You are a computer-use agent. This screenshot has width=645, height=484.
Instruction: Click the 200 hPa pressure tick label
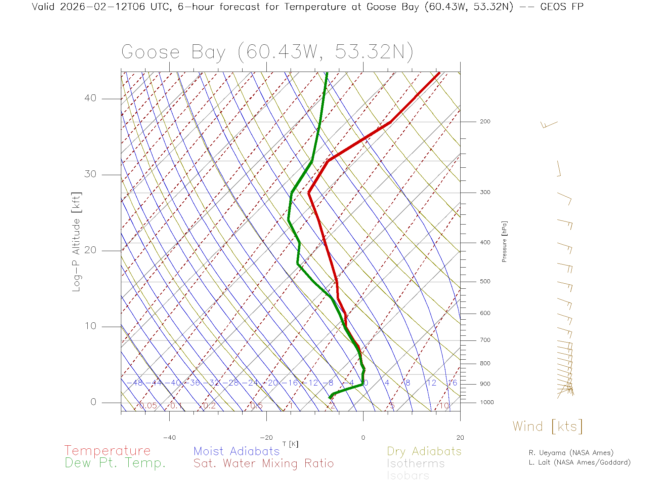click(485, 122)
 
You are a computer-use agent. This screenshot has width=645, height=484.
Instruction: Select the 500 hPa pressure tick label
click(485, 282)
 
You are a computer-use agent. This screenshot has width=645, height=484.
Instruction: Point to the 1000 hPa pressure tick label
click(487, 402)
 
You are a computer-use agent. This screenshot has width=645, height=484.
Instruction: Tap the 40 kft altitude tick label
click(90, 98)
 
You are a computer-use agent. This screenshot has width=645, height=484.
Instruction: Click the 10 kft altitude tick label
click(90, 326)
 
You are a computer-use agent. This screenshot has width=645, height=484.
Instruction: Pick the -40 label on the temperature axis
click(169, 438)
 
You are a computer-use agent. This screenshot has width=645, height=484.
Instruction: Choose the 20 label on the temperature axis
click(460, 438)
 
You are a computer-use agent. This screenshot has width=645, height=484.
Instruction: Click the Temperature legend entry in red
click(107, 451)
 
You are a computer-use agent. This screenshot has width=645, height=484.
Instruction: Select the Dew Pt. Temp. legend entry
click(115, 463)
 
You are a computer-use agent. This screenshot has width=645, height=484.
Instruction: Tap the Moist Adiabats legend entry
click(236, 451)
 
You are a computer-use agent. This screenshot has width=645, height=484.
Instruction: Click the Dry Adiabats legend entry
click(424, 451)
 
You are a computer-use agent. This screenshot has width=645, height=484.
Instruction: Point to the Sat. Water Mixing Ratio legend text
click(263, 463)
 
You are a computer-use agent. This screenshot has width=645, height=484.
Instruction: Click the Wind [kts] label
click(548, 427)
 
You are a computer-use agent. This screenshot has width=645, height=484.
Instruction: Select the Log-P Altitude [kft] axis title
click(77, 242)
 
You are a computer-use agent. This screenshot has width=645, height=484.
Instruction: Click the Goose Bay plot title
click(267, 52)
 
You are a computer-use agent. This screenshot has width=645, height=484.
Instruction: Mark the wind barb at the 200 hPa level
click(549, 125)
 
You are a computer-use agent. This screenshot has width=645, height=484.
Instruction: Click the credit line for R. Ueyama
click(571, 453)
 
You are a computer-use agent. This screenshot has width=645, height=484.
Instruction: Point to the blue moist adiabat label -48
click(136, 383)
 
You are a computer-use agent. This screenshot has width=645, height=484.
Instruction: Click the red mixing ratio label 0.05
click(148, 406)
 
